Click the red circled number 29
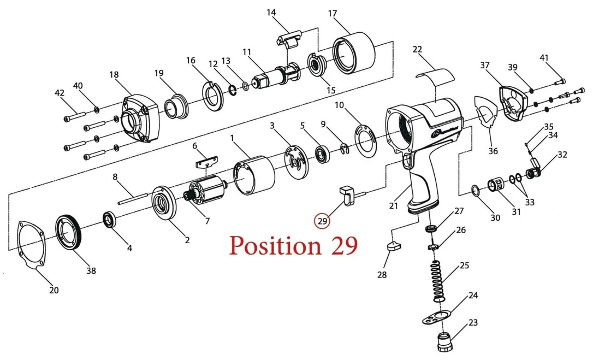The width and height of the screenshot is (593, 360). (x=322, y=221)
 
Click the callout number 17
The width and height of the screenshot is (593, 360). (x=332, y=14)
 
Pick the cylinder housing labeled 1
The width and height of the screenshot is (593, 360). (x=254, y=175)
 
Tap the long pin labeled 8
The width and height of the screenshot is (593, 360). (x=132, y=199)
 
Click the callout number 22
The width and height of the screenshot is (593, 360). (x=417, y=49)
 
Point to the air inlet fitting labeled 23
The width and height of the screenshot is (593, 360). (x=444, y=342)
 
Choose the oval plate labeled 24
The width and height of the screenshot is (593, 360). (x=437, y=317)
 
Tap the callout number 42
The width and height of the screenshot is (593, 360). (x=60, y=93)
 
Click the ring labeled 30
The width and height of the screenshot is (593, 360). (x=476, y=191)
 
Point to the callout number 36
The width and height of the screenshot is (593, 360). (x=493, y=151)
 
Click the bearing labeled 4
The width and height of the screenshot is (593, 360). (x=111, y=220)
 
